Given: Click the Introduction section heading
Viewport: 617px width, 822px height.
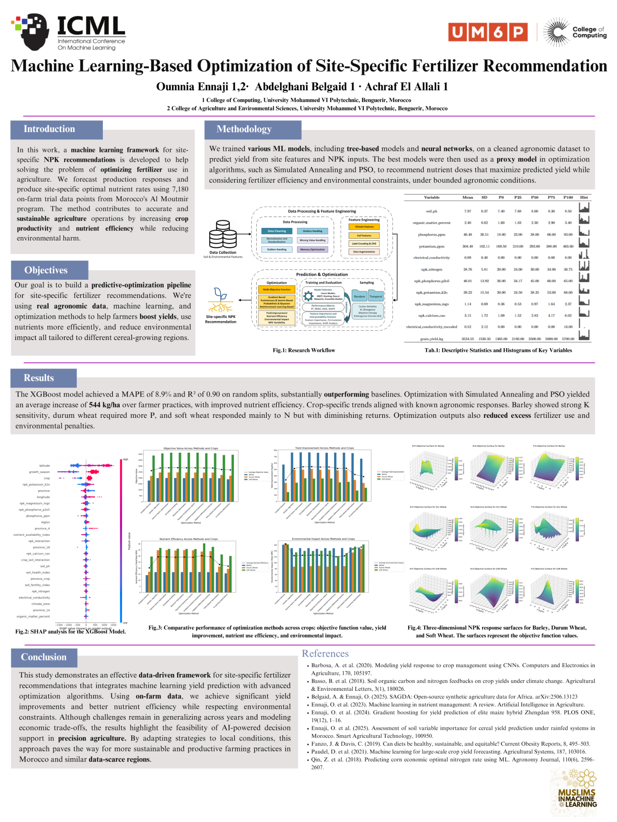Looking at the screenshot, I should (x=49, y=129).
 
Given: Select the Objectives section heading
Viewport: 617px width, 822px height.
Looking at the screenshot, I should (x=46, y=270).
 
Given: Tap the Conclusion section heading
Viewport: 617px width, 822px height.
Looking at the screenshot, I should (x=43, y=657).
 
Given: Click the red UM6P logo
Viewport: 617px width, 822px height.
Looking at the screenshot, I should (x=487, y=32).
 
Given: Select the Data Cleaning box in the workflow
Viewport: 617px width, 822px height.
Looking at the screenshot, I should (x=277, y=231).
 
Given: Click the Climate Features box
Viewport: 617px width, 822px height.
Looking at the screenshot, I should (x=364, y=227).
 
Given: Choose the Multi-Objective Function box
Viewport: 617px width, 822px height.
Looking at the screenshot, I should (x=277, y=289).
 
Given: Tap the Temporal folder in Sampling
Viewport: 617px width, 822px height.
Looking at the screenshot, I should (x=376, y=297).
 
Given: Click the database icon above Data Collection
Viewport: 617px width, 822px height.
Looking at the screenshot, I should (x=223, y=234).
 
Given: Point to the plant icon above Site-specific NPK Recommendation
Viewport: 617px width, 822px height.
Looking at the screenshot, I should (x=220, y=300).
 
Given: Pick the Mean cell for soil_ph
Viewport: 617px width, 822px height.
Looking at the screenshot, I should (x=468, y=211).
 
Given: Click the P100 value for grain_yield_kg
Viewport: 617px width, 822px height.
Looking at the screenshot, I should (x=568, y=339).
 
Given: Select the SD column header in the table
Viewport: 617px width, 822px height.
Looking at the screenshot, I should (x=484, y=197).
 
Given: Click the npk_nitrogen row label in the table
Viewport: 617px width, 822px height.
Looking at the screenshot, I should (x=431, y=269).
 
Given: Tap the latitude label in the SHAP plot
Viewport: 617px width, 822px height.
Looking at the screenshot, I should (x=45, y=466).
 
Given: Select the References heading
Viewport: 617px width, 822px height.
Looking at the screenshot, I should (x=325, y=654).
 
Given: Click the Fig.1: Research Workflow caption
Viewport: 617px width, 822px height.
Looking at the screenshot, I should (x=304, y=350).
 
